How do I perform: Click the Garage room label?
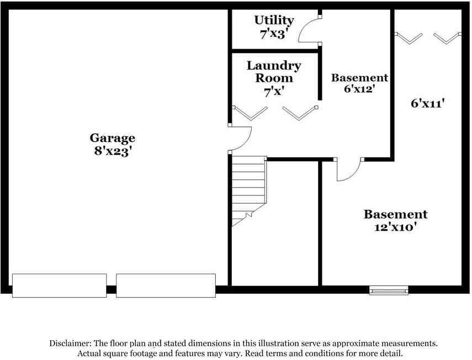click(x=113, y=138)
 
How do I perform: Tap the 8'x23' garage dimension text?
click(x=113, y=151)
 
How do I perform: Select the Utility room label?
click(x=274, y=20)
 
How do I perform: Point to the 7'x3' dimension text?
click(x=274, y=33)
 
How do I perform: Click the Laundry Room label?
click(x=274, y=72)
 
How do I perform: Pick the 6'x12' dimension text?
click(x=359, y=89)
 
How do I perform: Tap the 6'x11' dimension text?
click(x=428, y=103)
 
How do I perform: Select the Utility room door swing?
click(x=309, y=30)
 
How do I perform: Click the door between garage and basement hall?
click(x=240, y=138)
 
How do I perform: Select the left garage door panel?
click(x=60, y=285)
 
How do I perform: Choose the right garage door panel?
click(x=166, y=285)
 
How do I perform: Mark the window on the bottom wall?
click(x=389, y=290)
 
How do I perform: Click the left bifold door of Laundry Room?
click(x=251, y=112)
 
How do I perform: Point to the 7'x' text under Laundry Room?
click(x=274, y=92)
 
